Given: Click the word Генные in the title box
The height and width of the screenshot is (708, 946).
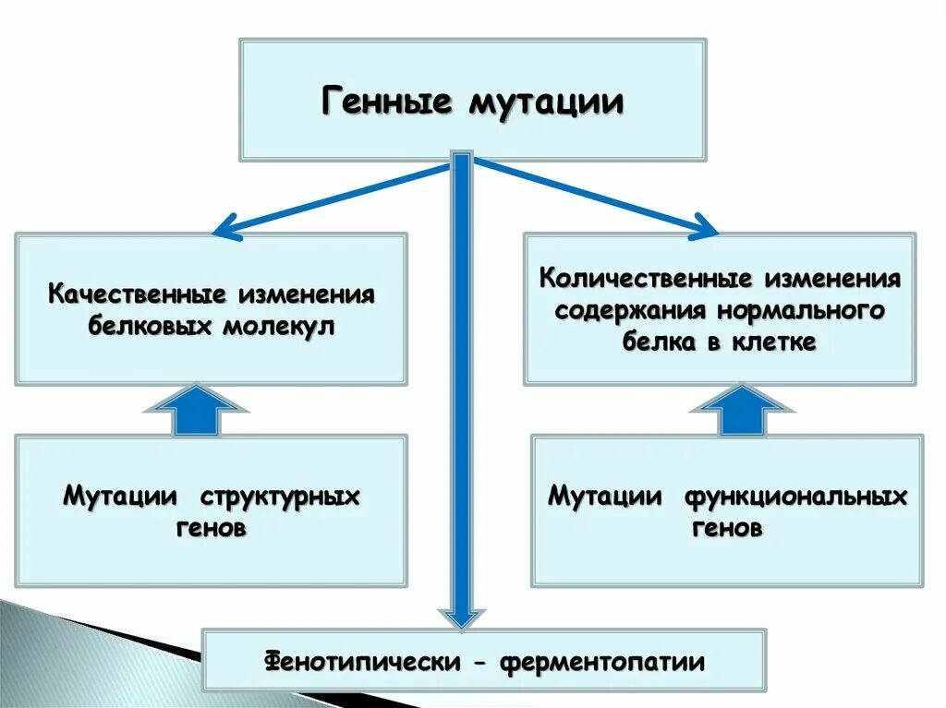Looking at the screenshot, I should point(386,101).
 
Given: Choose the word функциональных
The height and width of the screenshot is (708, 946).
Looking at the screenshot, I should point(795,497).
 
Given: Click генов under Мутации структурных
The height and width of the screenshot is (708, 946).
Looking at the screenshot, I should point(211,529).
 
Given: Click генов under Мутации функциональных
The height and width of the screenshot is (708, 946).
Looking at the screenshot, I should point(727,529).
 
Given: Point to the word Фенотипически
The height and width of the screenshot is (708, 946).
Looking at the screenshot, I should point(364,661).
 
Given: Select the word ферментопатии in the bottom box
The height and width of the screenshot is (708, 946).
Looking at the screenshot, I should point(602,661).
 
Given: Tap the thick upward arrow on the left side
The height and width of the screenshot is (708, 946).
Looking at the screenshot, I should point(196,409).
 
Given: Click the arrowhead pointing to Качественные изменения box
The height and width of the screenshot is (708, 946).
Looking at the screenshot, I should point(224,229).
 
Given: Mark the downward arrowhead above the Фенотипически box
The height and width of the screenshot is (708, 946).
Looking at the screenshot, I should point(461,618).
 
